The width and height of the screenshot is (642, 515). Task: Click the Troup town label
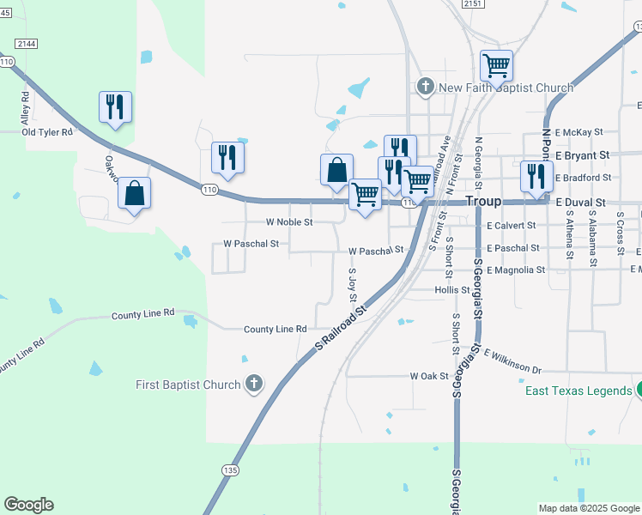pyautogui.click(x=482, y=200)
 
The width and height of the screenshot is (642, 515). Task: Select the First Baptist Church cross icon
pyautogui.click(x=253, y=385)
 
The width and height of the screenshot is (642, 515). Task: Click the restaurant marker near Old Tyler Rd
pyautogui.click(x=115, y=107)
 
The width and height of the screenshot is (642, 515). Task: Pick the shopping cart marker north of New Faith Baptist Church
pyautogui.click(x=496, y=64)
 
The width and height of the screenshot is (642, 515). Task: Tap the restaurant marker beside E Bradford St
pyautogui.click(x=536, y=176)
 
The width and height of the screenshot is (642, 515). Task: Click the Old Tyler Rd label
pyautogui.click(x=47, y=132)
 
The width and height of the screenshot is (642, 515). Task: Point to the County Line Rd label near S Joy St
pyautogui.click(x=275, y=330)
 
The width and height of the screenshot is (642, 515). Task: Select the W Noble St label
pyautogui.click(x=288, y=221)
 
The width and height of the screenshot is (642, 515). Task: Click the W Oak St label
pyautogui.click(x=429, y=376)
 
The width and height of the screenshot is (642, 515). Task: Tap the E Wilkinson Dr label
pyautogui.click(x=513, y=361)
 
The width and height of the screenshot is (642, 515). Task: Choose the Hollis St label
pyautogui.click(x=451, y=291)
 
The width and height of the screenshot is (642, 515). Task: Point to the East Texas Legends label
pyautogui.click(x=579, y=391)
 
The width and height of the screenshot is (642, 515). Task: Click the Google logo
pyautogui.click(x=28, y=505)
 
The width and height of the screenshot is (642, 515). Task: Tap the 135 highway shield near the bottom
pyautogui.click(x=229, y=470)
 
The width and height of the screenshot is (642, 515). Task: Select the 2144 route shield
pyautogui.click(x=26, y=43)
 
